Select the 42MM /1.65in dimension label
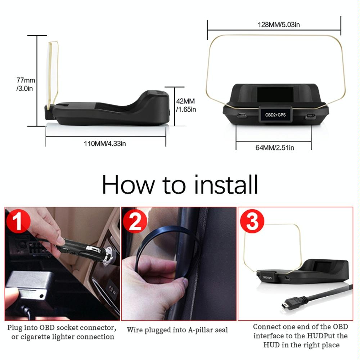tap(186, 105)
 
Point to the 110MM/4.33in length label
tap(105, 144)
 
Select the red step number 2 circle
tap(135, 222)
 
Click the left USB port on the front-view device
tap(242, 116)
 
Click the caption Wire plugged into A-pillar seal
tap(177, 330)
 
